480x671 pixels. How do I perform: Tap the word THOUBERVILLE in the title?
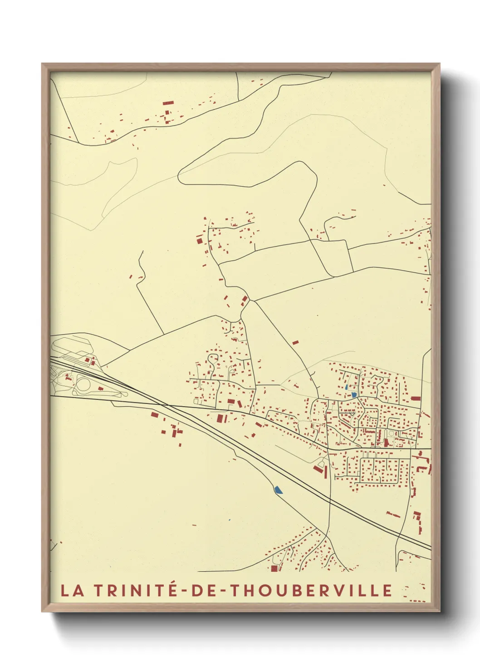tap(310, 590)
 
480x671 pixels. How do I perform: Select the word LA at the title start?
tap(73, 590)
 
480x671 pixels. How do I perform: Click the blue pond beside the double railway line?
tap(278, 490)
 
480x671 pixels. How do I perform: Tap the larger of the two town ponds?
tap(354, 395)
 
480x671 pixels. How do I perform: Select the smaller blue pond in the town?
tap(347, 388)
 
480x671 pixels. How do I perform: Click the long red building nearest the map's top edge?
tap(168, 103)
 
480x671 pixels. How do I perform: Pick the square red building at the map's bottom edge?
tap(274, 568)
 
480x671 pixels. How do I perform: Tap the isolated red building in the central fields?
tap(295, 342)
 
